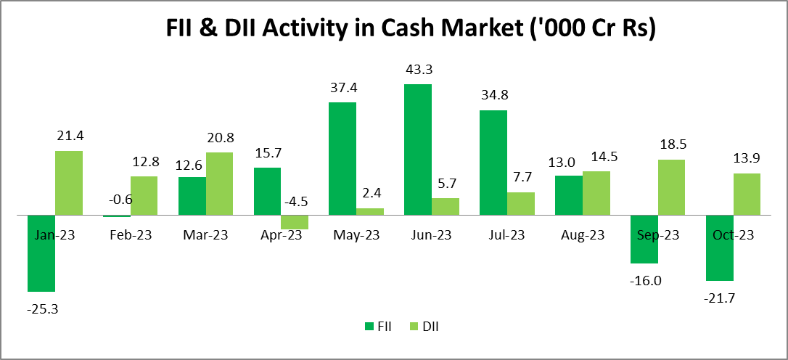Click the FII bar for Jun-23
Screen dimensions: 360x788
click(x=417, y=150)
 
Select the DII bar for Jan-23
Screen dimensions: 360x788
click(x=69, y=183)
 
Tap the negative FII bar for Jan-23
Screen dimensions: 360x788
click(x=41, y=253)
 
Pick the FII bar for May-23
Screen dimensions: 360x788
click(x=342, y=158)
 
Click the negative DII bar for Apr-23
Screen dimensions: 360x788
click(x=295, y=222)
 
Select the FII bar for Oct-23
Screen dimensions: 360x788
click(x=719, y=247)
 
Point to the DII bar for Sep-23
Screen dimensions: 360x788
click(x=671, y=187)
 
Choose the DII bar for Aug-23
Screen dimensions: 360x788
click(x=596, y=193)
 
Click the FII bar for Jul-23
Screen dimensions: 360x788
click(x=493, y=163)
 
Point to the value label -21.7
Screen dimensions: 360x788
click(x=719, y=298)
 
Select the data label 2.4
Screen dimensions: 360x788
click(x=370, y=195)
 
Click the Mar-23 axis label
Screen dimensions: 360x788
click(x=205, y=235)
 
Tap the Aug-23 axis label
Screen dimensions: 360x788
click(x=583, y=235)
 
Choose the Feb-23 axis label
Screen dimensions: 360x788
click(x=131, y=235)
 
